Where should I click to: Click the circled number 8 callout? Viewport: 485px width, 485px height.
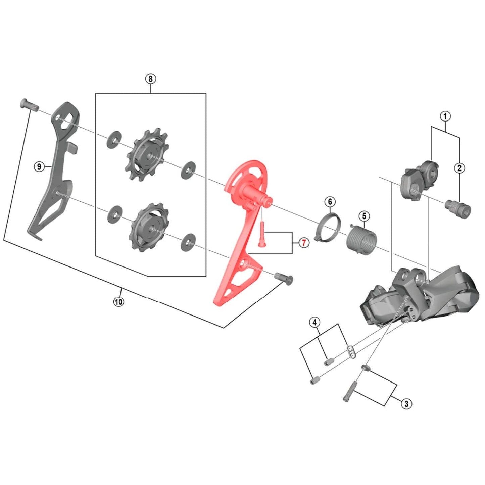[x=150, y=79]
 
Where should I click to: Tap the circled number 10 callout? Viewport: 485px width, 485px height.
[x=119, y=301]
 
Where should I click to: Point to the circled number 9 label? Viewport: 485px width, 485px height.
[x=39, y=166]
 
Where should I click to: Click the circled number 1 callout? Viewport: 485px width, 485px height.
[x=445, y=116]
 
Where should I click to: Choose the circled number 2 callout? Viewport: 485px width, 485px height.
[x=459, y=168]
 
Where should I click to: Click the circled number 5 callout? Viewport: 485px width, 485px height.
[x=364, y=216]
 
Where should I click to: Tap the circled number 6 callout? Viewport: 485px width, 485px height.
[x=330, y=202]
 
